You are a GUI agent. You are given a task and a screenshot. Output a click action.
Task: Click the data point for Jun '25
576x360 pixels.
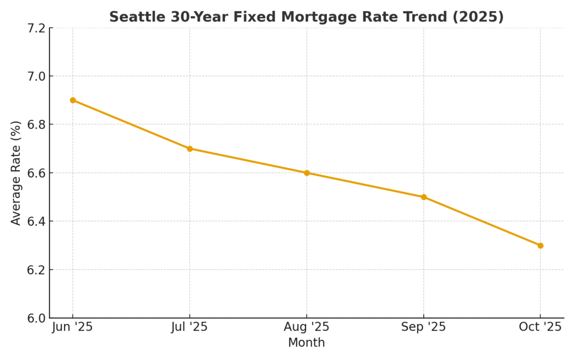point(73,100)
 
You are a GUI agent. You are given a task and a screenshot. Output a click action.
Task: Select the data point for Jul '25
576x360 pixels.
point(189,149)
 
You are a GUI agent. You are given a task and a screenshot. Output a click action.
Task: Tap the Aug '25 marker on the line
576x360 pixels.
point(307,173)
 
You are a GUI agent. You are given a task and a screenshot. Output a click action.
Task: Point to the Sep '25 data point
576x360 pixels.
point(423,197)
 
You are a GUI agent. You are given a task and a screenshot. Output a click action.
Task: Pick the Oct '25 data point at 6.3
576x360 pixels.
point(540,245)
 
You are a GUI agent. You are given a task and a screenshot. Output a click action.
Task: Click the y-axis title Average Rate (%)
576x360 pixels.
point(16,173)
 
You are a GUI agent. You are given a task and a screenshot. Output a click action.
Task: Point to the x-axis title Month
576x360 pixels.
point(307,343)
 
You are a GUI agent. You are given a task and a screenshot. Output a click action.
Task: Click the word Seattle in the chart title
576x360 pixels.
point(138,17)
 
